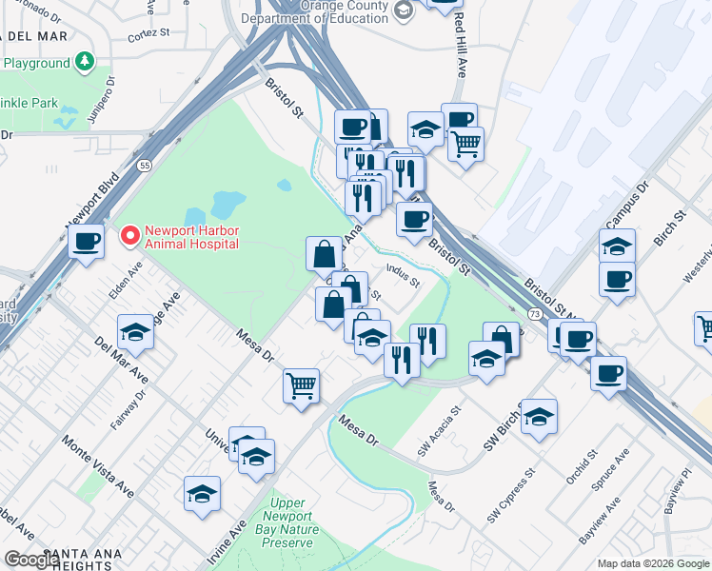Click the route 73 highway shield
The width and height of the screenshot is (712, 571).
click(535, 313)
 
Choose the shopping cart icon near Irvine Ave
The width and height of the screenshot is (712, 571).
click(301, 386)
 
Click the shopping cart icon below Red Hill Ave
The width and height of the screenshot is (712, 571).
click(465, 146)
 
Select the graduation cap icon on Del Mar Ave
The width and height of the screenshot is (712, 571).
click(136, 333)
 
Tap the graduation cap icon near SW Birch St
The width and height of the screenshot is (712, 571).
click(539, 417)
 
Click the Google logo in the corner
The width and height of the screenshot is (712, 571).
click(32, 560)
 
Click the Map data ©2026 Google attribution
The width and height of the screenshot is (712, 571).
click(653, 563)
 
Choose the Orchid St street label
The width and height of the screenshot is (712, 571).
click(579, 470)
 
